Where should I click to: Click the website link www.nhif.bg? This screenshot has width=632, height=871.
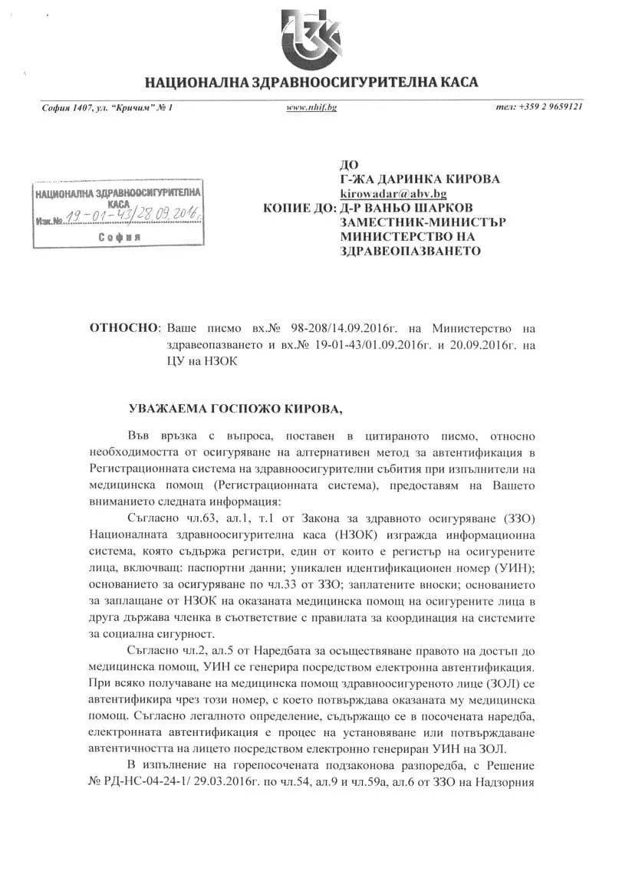coord(311,107)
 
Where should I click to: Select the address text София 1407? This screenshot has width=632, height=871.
coord(65,107)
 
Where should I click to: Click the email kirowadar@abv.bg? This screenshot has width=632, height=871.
coord(393,194)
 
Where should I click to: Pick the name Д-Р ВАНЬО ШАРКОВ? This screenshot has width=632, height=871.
coord(407,209)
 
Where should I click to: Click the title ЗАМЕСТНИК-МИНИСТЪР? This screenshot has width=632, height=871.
coord(423,222)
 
